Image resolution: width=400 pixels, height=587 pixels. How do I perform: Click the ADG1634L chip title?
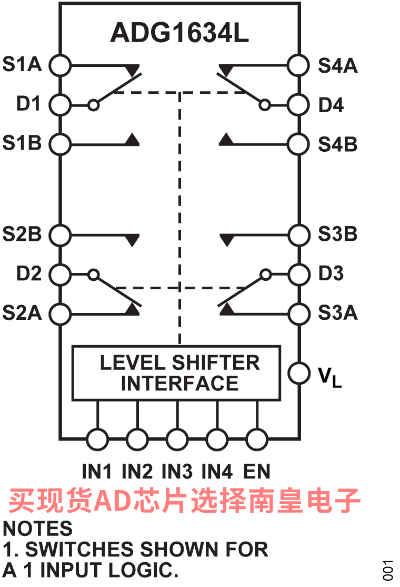point(179,33)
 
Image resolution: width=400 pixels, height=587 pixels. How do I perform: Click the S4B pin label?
point(337,144)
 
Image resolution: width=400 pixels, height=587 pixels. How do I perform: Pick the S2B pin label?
point(22,234)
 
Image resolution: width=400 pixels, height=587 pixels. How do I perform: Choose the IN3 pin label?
point(177,471)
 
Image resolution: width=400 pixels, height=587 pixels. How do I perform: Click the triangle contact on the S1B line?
point(132,140)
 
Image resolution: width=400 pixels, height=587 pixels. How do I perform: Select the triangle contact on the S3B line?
point(227,240)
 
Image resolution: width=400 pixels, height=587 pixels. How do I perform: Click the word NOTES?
point(37,529)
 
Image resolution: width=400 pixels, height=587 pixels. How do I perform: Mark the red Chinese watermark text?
point(184,501)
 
